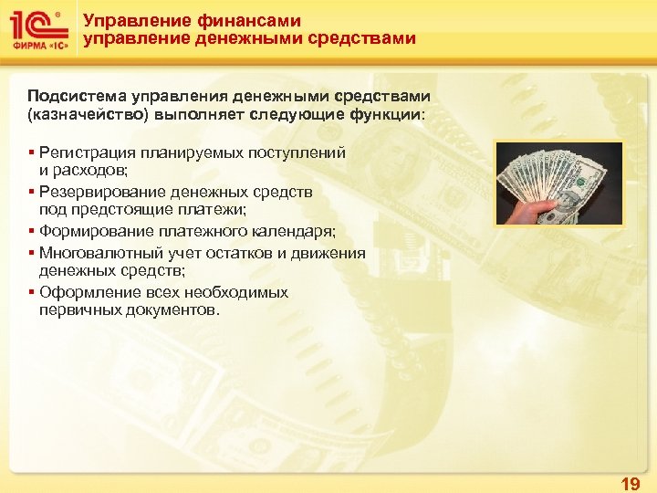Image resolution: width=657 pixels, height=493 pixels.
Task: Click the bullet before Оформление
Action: [31, 292]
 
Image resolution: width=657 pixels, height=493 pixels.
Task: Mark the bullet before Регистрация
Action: [31, 152]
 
